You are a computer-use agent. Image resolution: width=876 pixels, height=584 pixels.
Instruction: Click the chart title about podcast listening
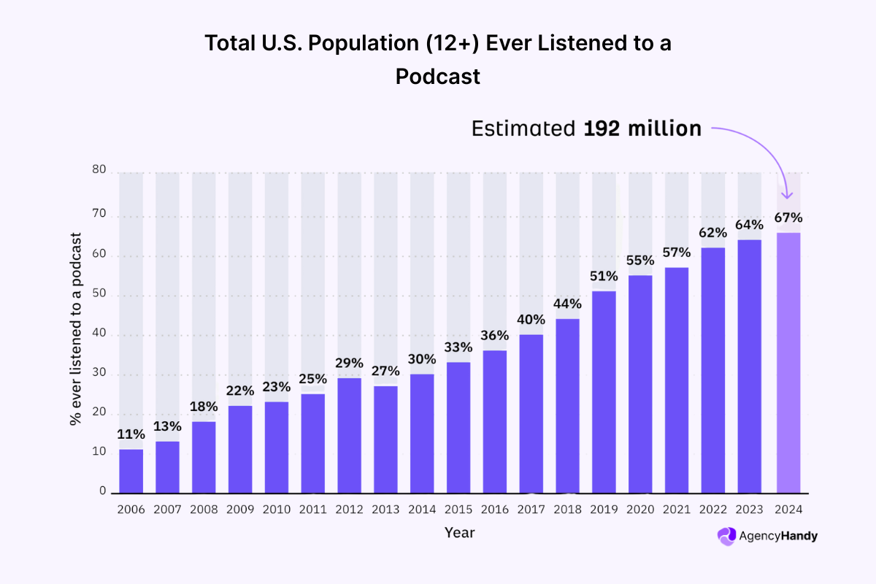coord(438,59)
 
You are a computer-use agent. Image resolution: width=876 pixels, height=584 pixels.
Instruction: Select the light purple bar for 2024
coord(788,362)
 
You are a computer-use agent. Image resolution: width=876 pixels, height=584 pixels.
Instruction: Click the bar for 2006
coord(131,470)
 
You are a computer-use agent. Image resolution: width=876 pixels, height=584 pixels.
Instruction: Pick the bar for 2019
coord(604,391)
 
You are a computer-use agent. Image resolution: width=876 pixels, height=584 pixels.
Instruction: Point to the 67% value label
coord(788,218)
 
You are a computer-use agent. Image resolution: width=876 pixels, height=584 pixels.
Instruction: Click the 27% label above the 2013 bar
coord(386,371)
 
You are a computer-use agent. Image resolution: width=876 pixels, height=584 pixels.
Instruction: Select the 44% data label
coord(568,304)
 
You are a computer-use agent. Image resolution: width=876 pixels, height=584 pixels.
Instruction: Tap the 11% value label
coord(131,434)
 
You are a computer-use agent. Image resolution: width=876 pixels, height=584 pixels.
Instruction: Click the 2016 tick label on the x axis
coord(496,509)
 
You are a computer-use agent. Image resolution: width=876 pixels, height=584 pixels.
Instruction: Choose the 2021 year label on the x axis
coord(677,509)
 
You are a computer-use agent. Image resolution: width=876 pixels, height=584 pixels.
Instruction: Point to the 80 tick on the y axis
coord(99,170)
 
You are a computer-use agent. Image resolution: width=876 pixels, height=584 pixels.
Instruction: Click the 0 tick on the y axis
coord(103,491)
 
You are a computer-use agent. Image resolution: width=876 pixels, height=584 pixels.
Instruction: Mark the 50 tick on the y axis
coord(99,296)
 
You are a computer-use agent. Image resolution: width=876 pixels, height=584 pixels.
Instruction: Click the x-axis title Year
coord(460,533)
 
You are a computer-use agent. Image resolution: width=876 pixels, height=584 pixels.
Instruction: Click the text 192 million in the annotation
coord(642,129)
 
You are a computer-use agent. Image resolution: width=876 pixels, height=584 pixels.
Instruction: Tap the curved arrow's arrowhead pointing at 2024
coord(787,193)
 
